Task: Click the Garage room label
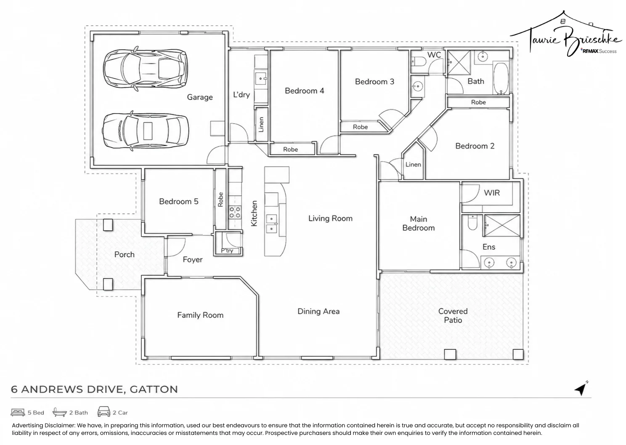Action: (x=200, y=97)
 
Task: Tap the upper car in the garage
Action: (x=145, y=69)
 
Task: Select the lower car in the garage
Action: (x=145, y=131)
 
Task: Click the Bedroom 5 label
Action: (x=178, y=201)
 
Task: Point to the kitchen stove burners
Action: (x=235, y=212)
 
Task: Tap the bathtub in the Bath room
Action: (x=501, y=78)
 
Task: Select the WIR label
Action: (x=491, y=193)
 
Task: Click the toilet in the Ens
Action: (x=472, y=223)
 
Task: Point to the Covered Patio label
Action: (x=453, y=315)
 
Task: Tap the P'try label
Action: (x=227, y=250)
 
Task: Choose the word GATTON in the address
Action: (x=154, y=389)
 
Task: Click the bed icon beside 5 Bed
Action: (x=18, y=412)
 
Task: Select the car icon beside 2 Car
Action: (x=103, y=412)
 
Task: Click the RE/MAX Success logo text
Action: (x=598, y=51)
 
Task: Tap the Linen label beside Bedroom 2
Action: (x=413, y=165)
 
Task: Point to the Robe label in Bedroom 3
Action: (x=360, y=127)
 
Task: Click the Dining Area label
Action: (x=318, y=311)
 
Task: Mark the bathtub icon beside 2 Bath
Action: (x=59, y=412)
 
